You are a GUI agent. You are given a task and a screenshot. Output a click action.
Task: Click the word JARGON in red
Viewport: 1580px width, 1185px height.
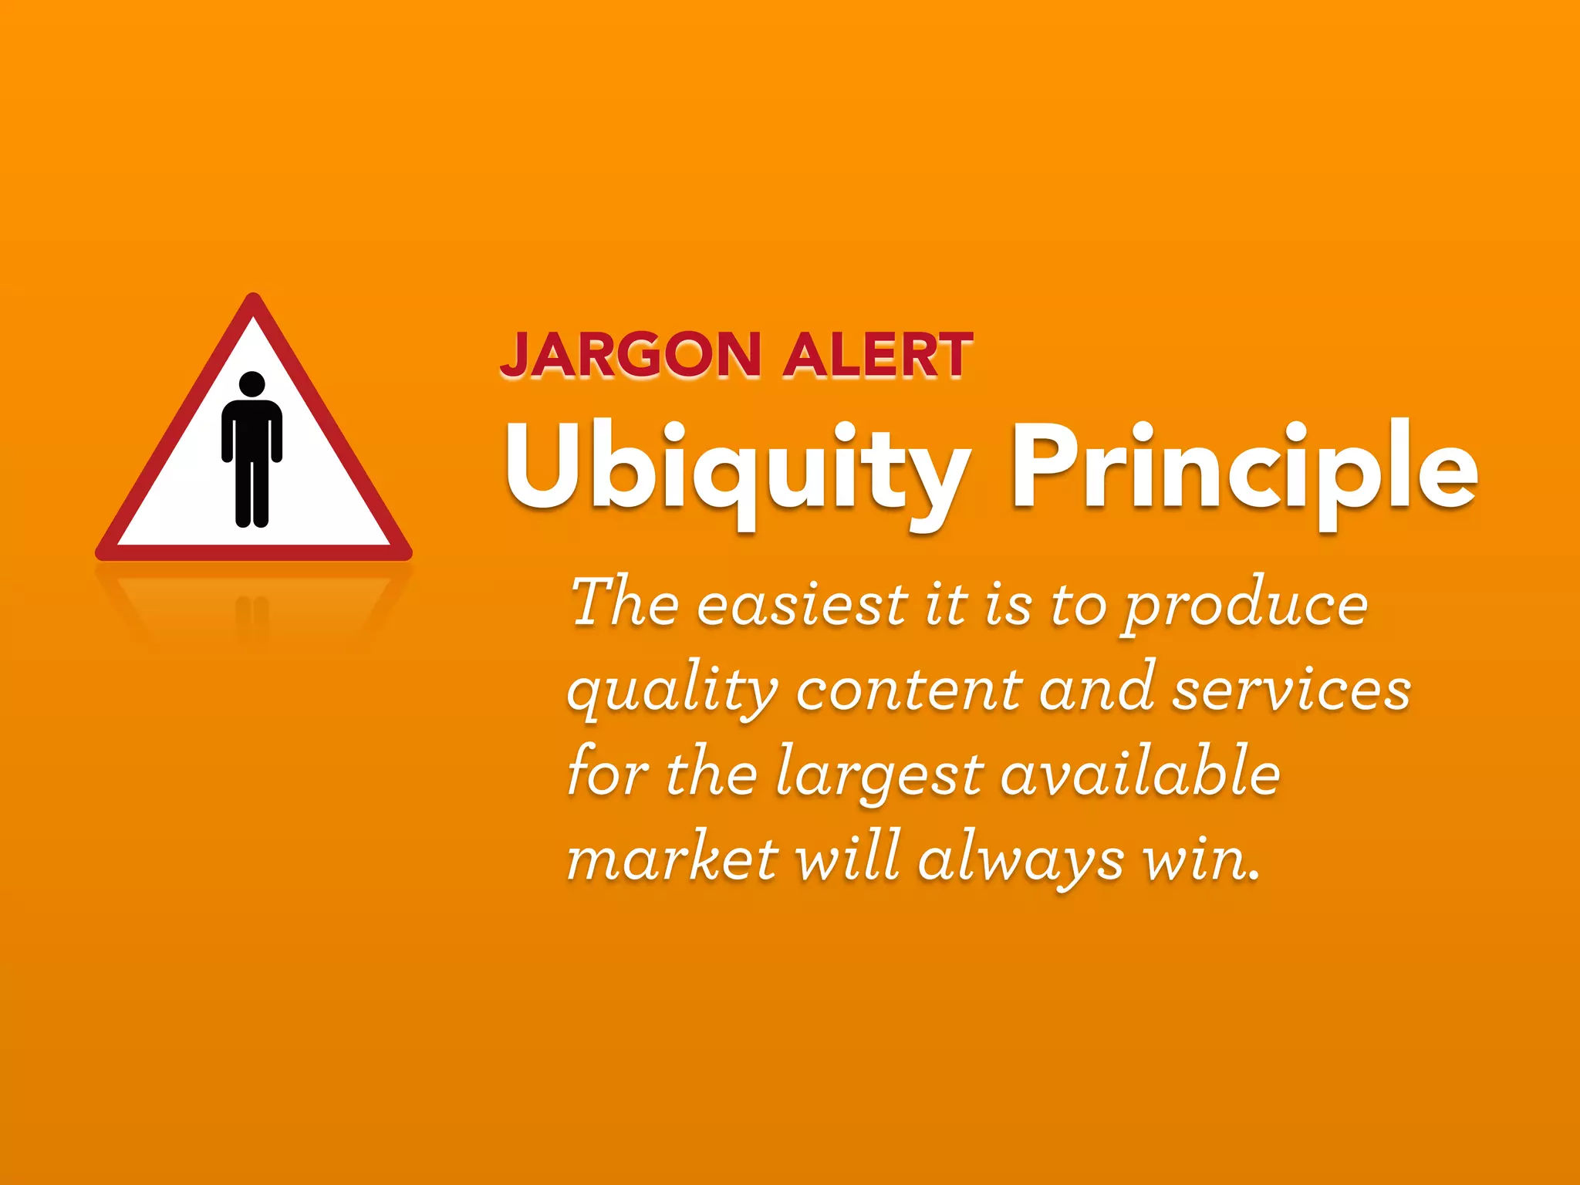631,356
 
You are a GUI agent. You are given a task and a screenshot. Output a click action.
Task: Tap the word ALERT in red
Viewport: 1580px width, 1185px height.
877,356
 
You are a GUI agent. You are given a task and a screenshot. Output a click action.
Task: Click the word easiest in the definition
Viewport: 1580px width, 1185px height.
803,605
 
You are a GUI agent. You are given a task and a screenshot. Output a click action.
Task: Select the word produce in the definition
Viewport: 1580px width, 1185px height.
1244,606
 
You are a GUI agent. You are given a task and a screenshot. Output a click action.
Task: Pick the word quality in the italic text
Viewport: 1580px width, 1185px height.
672,690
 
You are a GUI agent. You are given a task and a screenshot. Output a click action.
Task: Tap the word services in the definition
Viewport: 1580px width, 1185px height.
1291,689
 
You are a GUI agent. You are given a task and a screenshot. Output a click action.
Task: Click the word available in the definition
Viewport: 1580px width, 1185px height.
1140,774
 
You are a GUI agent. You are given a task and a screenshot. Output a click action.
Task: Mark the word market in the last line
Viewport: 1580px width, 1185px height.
672,858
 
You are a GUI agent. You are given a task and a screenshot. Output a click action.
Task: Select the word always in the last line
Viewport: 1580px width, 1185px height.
1020,859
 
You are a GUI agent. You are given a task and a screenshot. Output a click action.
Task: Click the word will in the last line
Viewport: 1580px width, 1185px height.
847,858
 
